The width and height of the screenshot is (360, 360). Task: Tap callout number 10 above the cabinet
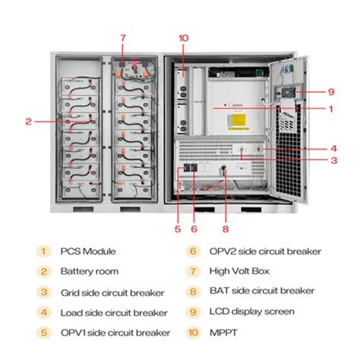(182, 38)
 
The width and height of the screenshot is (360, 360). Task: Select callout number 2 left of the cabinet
(28, 121)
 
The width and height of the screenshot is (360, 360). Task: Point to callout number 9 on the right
(331, 92)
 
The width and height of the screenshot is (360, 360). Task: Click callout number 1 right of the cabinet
(331, 109)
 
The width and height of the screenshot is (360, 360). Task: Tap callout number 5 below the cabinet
(177, 227)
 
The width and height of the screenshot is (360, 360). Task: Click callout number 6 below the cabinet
(194, 227)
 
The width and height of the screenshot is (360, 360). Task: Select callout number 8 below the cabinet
(224, 227)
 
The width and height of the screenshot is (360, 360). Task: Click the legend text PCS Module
(90, 251)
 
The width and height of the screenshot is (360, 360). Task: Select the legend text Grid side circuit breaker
(110, 292)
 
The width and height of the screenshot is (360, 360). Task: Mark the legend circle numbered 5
(44, 332)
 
